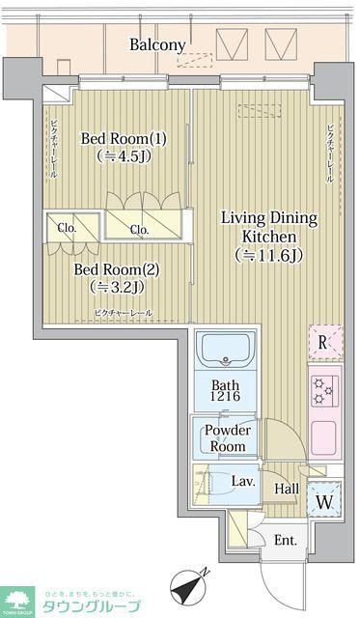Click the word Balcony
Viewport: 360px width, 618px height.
pyautogui.click(x=157, y=44)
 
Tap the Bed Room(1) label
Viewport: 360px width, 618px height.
pyautogui.click(x=124, y=139)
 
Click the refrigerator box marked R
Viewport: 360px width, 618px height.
pyautogui.click(x=324, y=342)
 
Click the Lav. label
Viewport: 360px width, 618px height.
pyautogui.click(x=241, y=480)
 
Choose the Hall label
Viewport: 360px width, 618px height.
pyautogui.click(x=287, y=489)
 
